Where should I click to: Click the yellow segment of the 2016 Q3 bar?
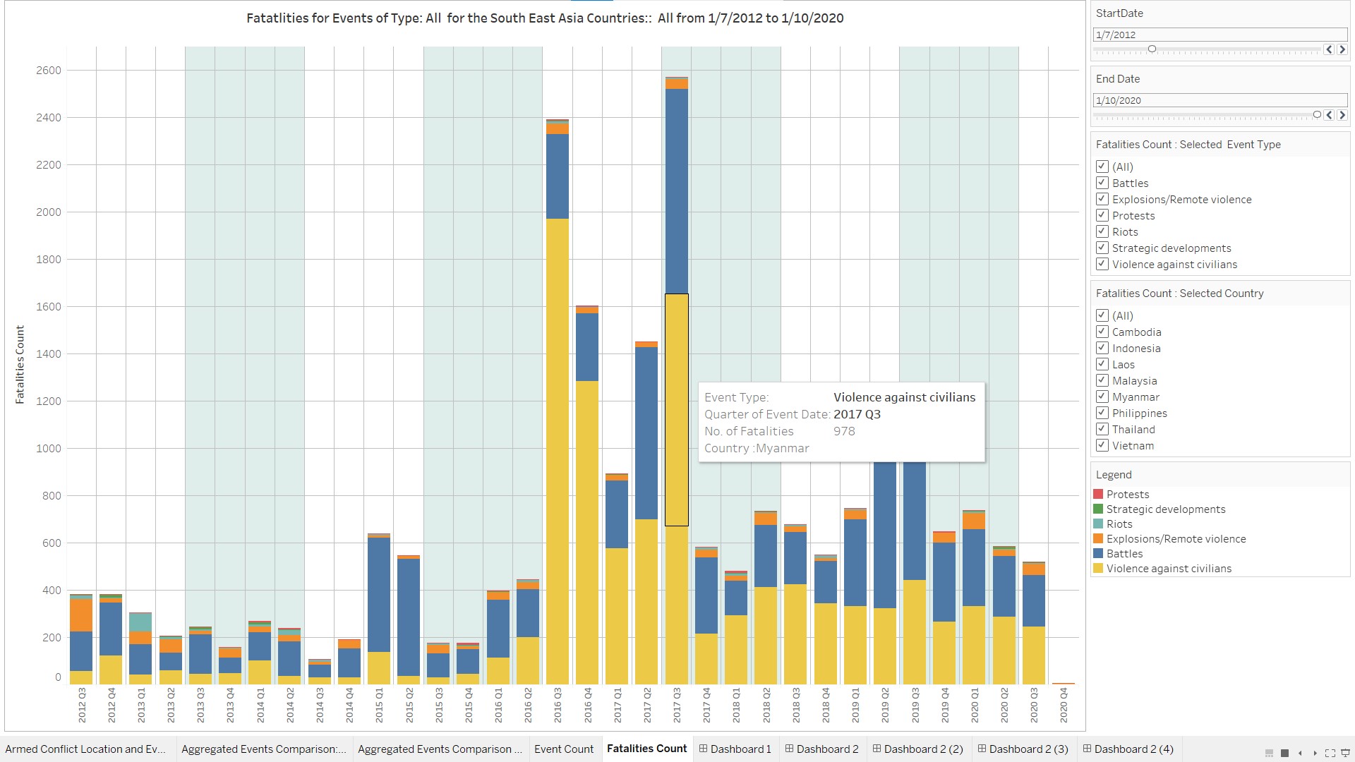(558, 452)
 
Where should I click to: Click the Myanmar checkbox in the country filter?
(1102, 397)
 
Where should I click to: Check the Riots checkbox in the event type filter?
(1102, 231)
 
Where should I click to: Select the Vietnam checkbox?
(1102, 445)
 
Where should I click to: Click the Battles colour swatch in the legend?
(1098, 554)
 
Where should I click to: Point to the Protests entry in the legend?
(1127, 495)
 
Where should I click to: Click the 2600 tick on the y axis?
(49, 71)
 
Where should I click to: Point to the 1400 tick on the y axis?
(49, 354)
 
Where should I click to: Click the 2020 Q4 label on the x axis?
(1064, 705)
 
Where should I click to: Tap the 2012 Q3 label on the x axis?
(82, 705)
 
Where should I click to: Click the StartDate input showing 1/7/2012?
(1219, 35)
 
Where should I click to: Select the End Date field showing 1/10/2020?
(1219, 100)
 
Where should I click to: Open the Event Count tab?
(563, 749)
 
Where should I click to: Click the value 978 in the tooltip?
(844, 431)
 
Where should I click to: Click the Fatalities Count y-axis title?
(20, 364)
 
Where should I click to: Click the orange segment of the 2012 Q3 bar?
(81, 615)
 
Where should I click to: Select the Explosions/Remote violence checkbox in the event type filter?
(1102, 199)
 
